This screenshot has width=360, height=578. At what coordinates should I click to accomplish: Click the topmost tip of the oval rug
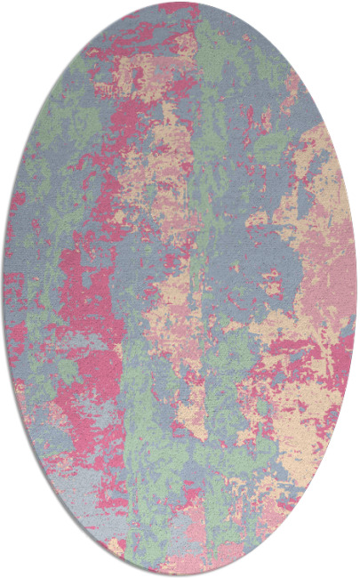(180, 3)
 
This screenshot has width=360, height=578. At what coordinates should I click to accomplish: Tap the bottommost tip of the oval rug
(180, 575)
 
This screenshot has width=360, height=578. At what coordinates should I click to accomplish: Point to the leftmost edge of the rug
(3, 289)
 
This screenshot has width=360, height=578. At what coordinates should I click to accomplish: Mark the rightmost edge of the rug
(356, 289)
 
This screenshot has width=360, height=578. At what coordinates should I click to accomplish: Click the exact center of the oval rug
(180, 289)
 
